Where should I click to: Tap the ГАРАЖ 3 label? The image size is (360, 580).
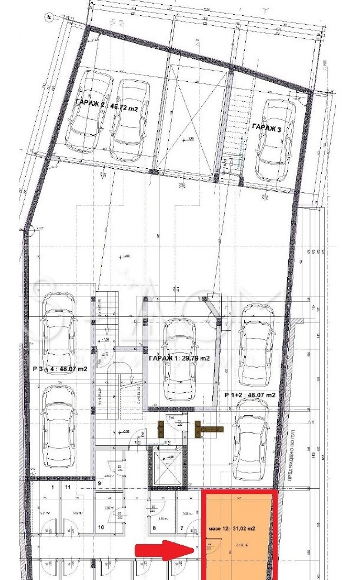pyautogui.click(x=268, y=126)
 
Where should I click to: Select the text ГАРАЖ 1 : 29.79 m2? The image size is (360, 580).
pyautogui.click(x=179, y=358)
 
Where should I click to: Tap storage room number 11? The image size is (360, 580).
pyautogui.click(x=68, y=488)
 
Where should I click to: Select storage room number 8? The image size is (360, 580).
pyautogui.click(x=155, y=528)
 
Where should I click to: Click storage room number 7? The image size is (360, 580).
pyautogui.click(x=182, y=528)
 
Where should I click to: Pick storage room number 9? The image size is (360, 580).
pyautogui.click(x=100, y=483)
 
